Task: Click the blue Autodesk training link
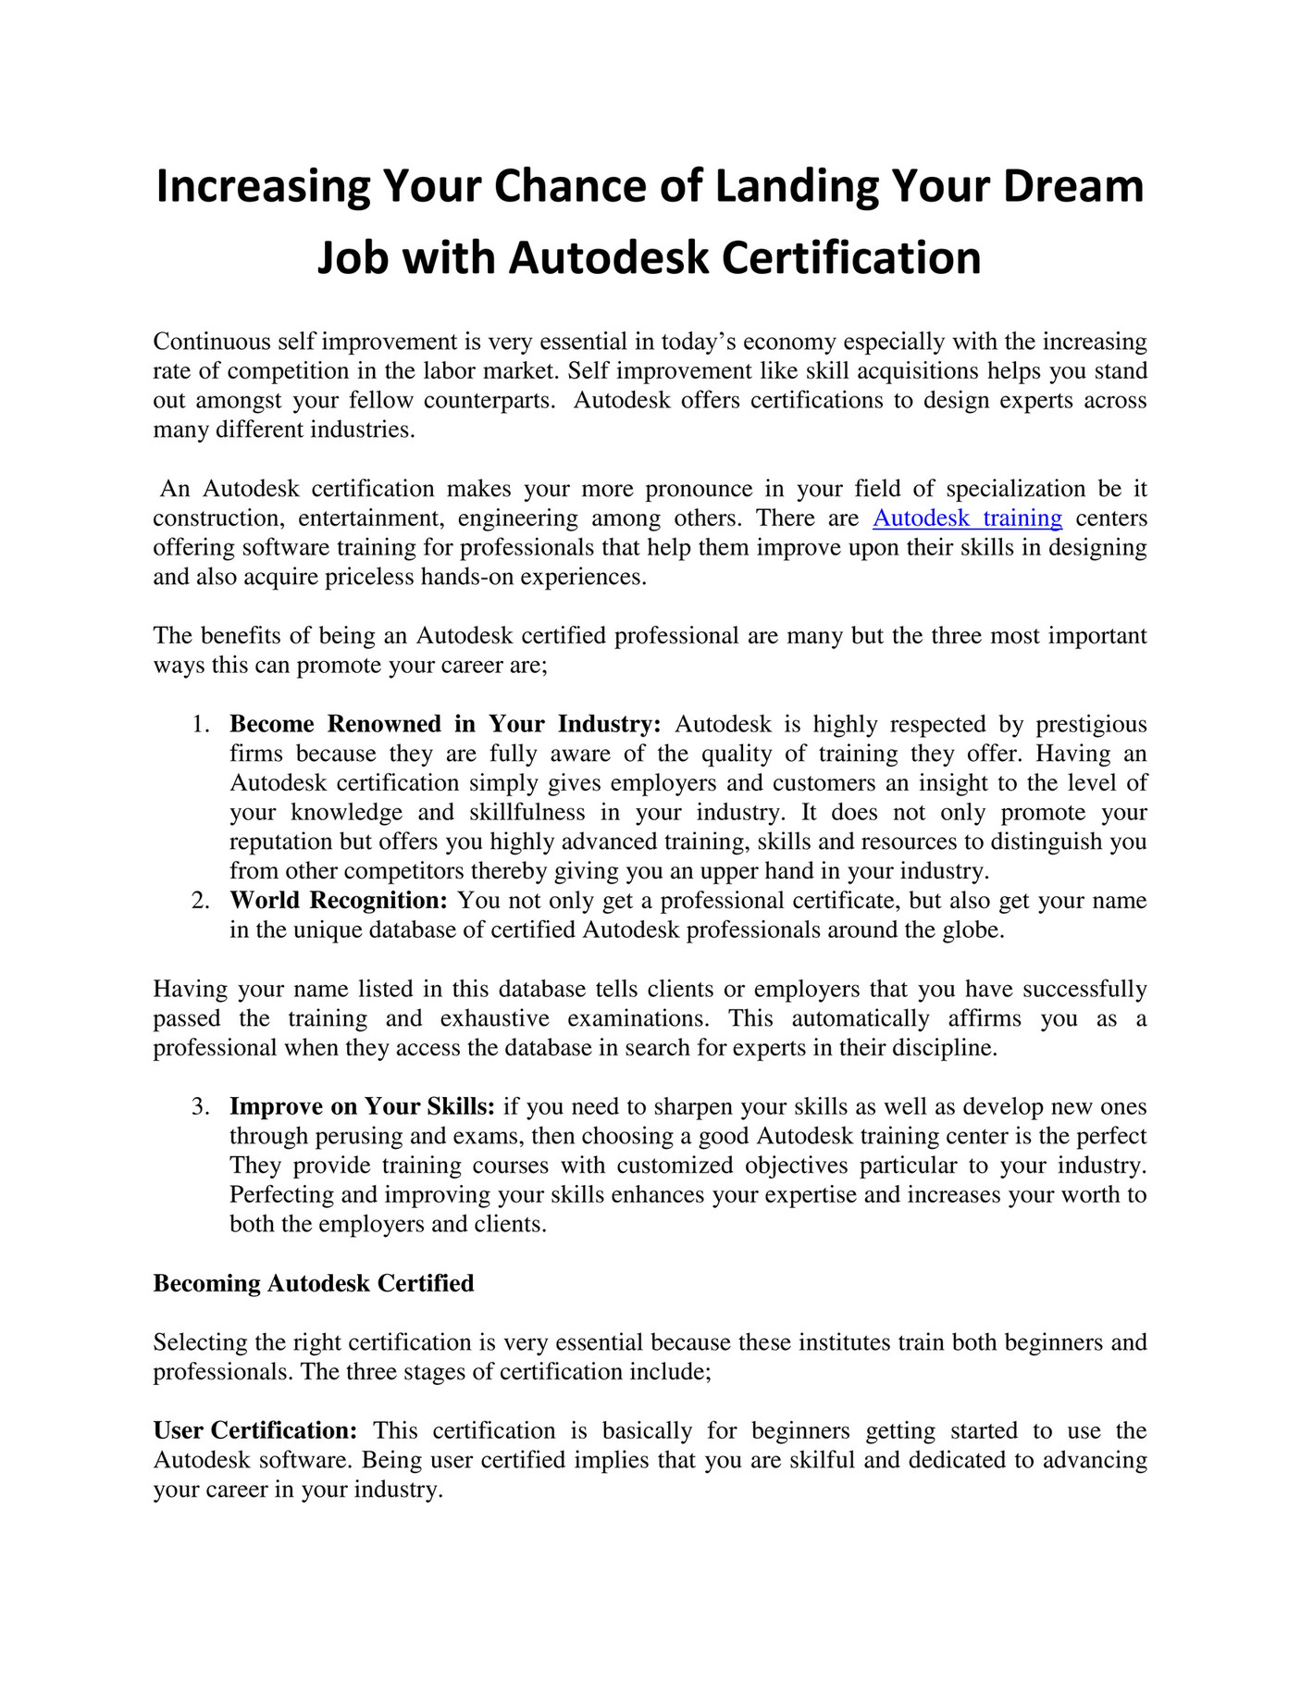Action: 967,518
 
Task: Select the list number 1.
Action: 202,724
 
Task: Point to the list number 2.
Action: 202,901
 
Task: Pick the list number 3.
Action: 202,1107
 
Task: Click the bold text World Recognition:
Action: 339,901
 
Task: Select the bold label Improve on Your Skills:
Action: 362,1107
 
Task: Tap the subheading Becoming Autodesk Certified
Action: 314,1284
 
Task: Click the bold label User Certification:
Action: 255,1431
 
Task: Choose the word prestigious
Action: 1091,724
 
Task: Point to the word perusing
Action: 353,1137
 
